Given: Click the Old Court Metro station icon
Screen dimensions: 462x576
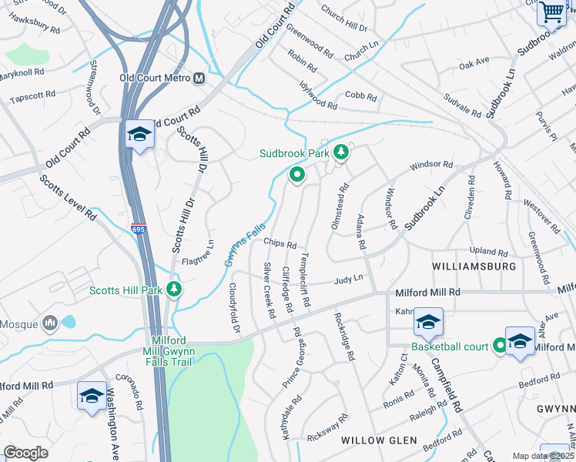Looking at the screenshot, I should pos(199,78).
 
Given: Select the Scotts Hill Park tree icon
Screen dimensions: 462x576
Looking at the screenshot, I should pos(175,290).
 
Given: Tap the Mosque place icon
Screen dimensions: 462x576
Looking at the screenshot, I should pos(51,323).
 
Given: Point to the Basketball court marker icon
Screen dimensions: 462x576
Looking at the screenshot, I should pos(499,346).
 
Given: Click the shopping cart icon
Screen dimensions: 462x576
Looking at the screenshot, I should pos(551,12).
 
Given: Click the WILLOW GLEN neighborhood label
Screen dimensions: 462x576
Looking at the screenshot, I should pos(380,440).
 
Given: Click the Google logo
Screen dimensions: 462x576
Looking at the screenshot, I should pos(26,453).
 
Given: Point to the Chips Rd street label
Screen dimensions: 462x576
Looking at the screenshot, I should pos(280,243).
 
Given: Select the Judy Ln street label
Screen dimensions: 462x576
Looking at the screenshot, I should pos(348,280).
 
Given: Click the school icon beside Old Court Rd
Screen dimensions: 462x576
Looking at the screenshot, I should pos(139,136).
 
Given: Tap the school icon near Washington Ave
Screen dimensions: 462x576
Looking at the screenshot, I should pos(92,396).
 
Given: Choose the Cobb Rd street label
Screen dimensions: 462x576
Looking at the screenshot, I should pos(360,97).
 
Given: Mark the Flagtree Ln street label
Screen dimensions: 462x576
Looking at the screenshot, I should pos(197,253).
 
